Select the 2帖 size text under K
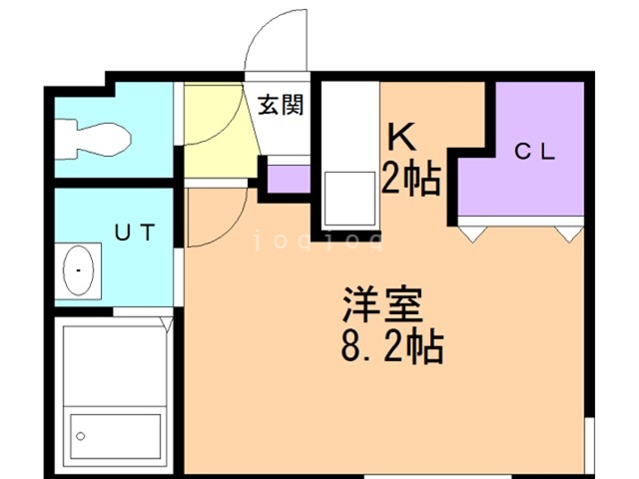(411, 179)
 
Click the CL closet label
(534, 152)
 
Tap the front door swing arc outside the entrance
(274, 40)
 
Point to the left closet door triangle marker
(473, 234)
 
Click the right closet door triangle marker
(568, 234)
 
